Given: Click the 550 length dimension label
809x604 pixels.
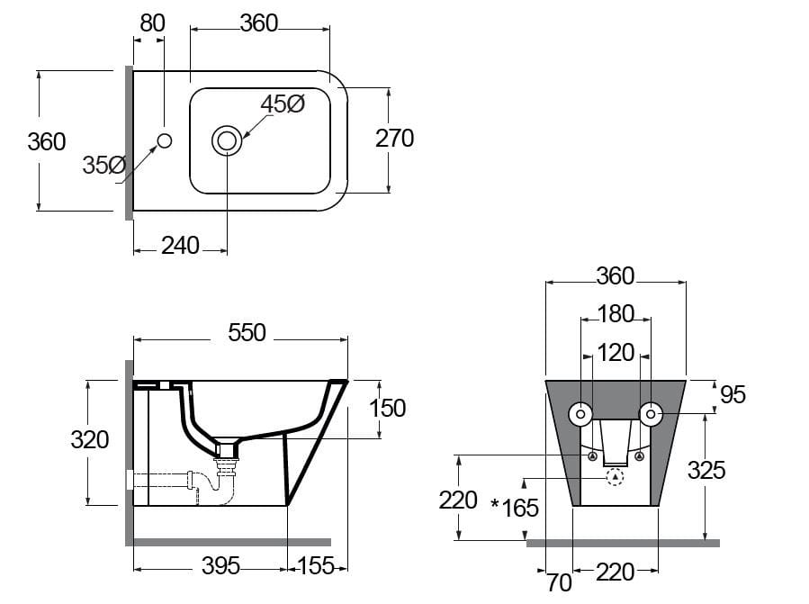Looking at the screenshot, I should pos(247,333).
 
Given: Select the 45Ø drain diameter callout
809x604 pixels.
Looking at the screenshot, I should pos(283,104).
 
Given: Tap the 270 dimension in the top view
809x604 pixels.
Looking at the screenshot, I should pos(394,139).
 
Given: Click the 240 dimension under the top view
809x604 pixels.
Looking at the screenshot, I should pos(180,245).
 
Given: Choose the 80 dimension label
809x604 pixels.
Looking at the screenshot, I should pos(153,23).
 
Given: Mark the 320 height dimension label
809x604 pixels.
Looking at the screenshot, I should pos(90,439).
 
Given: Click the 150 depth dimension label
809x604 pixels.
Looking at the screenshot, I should pos(387,408).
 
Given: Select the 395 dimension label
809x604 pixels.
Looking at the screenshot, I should pos(220,565).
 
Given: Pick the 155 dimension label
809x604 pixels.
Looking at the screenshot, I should pos(316,565).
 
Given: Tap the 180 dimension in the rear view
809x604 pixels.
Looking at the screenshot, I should pos(616,314).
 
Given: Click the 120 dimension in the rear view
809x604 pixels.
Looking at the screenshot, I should pos(616,352).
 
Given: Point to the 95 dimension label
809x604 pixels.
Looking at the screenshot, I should pos(733,394).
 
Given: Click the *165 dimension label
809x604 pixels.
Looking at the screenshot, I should pos(515,508).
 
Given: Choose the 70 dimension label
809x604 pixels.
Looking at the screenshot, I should pos(559,583).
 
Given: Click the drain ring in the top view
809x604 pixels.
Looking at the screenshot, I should pos(227,140).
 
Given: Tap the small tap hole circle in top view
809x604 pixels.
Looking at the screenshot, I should pos(165,140).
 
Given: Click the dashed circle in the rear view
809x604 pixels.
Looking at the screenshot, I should pos(616,477).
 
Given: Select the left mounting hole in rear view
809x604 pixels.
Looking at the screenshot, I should pos(580,414).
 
